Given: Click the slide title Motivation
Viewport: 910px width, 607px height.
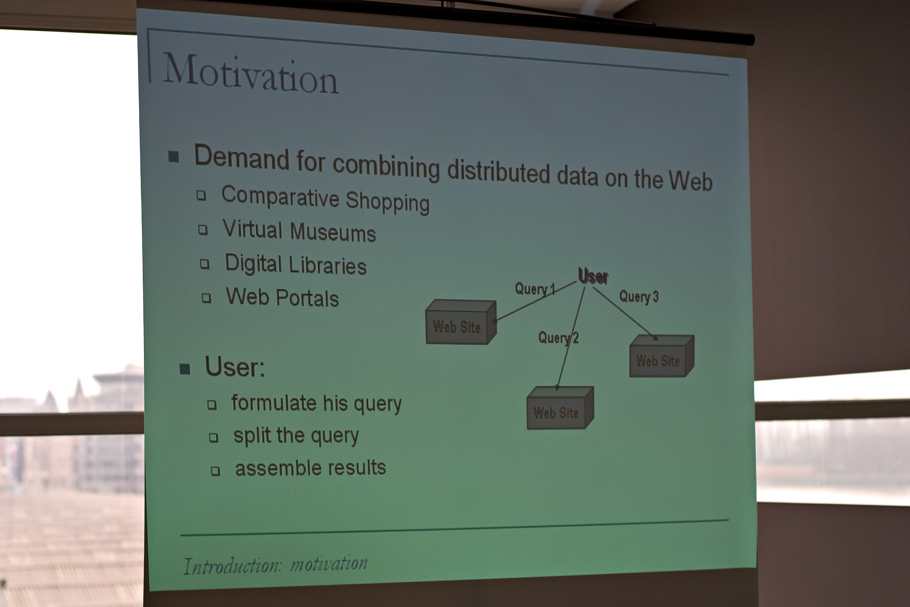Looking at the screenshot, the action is click(251, 74).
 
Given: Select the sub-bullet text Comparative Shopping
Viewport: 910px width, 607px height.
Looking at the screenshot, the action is click(325, 199).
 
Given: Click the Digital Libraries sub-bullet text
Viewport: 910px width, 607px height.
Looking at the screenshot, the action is click(296, 264).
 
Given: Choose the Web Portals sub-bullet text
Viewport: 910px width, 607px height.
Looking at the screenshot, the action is click(282, 297).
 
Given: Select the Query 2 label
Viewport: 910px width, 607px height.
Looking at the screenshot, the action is click(558, 338).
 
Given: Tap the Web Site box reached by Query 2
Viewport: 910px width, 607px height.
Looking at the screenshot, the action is click(560, 408).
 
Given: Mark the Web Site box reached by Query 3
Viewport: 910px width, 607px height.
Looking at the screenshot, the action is click(661, 356).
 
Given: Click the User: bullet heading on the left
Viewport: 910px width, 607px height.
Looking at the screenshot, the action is click(235, 367).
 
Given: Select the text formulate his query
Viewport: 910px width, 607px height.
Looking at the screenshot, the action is click(316, 404).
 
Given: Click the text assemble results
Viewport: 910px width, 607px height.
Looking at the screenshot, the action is click(311, 468).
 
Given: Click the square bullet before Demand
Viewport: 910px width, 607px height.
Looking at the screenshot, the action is click(174, 157).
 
